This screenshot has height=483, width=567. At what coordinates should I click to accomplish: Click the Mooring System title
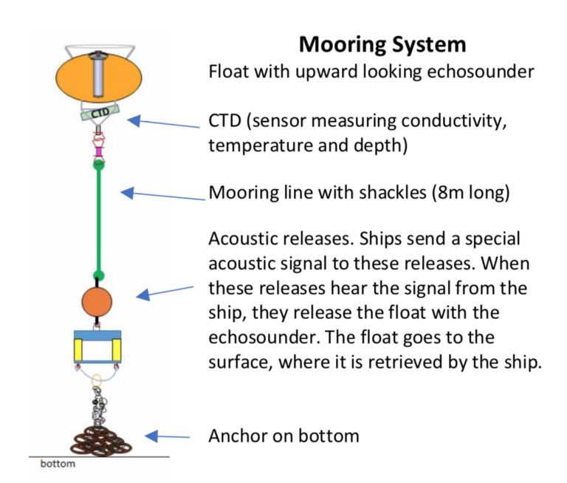click(x=382, y=44)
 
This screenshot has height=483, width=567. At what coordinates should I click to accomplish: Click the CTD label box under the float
click(x=100, y=114)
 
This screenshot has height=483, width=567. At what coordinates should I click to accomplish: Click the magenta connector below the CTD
click(x=97, y=153)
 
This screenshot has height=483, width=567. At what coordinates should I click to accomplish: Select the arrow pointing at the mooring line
click(x=162, y=195)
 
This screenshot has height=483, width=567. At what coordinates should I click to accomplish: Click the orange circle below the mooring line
click(x=96, y=301)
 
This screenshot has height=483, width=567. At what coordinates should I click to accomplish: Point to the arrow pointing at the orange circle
click(x=166, y=291)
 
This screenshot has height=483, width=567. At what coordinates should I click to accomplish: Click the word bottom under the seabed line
click(x=58, y=465)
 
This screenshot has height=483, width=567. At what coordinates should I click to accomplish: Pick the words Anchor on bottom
click(x=283, y=436)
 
